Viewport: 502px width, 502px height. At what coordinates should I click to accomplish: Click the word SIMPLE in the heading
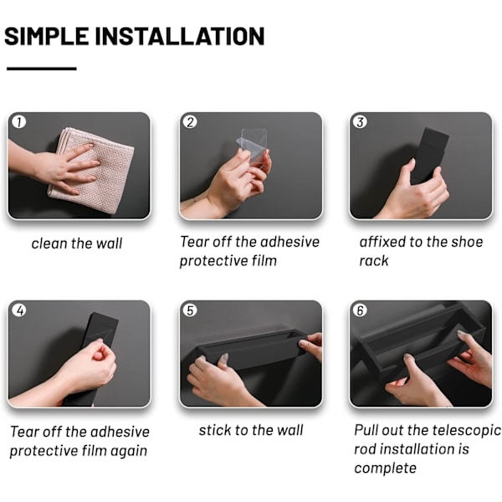[47, 36]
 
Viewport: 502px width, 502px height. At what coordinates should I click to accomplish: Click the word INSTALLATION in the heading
[180, 36]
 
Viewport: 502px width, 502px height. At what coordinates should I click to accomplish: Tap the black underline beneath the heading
[42, 69]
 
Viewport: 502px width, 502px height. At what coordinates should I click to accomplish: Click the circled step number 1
[19, 122]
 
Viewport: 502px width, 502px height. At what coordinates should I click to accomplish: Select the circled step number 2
[190, 122]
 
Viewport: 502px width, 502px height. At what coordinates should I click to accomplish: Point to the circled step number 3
[360, 122]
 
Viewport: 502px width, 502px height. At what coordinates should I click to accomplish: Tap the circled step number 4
[19, 310]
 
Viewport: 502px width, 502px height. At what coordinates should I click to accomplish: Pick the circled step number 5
[190, 310]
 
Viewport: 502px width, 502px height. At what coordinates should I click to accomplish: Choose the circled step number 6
[360, 310]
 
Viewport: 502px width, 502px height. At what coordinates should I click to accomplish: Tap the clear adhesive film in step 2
[254, 147]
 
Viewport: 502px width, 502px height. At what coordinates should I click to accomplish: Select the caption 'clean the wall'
[77, 243]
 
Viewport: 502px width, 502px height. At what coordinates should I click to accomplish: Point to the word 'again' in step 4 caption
[129, 452]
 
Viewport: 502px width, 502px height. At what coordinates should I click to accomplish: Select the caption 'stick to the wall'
[251, 430]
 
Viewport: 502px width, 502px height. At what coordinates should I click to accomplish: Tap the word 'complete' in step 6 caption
[385, 468]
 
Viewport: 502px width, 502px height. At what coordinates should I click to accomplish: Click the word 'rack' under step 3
[374, 261]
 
